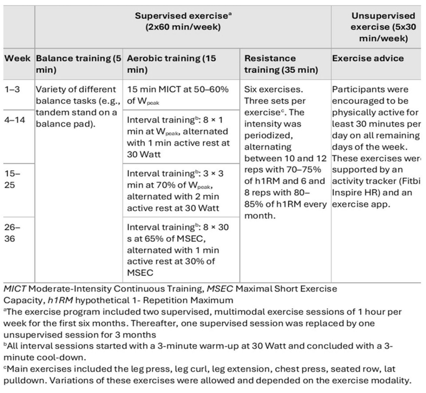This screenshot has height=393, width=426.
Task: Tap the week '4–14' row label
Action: click(16, 116)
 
